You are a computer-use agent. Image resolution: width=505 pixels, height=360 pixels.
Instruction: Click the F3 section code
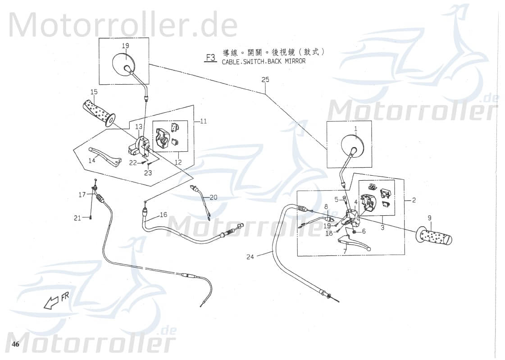210,57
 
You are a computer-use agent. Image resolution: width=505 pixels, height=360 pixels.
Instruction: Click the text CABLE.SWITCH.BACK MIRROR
264,61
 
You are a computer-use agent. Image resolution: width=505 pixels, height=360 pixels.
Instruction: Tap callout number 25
265,80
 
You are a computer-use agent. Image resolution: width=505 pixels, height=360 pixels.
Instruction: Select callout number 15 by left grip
93,92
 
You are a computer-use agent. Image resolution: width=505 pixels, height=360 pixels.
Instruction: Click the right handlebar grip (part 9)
435,236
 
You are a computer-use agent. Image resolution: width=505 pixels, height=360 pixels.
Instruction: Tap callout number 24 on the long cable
250,257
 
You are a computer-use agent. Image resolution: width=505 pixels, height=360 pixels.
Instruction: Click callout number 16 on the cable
163,215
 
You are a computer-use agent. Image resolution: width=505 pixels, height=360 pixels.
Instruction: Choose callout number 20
214,197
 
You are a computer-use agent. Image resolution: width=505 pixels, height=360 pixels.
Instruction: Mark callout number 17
82,195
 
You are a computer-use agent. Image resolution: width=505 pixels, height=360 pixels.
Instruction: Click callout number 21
77,218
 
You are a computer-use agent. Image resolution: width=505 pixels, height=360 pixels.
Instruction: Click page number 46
16,345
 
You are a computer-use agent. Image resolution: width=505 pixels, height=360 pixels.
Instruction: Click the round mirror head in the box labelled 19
122,64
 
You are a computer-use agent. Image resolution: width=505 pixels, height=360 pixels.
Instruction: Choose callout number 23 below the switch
148,173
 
